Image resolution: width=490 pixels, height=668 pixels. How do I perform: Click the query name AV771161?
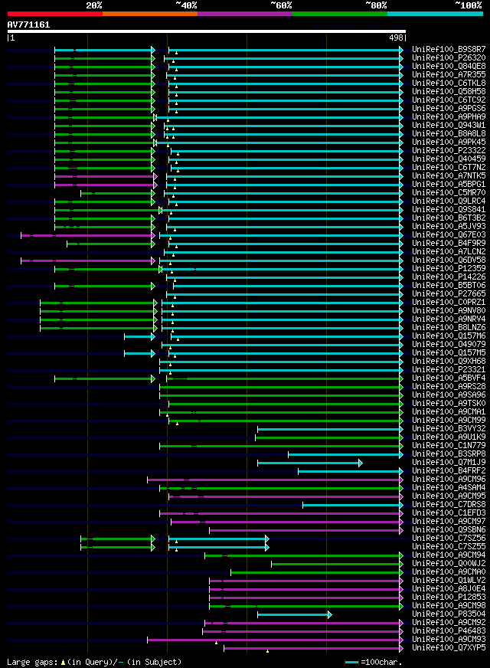29,25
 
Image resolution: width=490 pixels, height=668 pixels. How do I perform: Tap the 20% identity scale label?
94,5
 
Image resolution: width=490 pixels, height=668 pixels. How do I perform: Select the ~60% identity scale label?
281,5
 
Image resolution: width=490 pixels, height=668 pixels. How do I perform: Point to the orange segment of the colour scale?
149,13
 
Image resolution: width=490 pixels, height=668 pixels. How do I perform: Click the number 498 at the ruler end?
397,38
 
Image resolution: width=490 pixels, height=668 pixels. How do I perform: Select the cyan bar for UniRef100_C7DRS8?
351,505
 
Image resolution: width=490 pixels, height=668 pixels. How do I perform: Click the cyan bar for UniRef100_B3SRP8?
345,454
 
